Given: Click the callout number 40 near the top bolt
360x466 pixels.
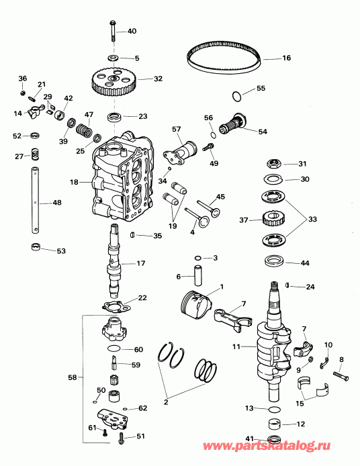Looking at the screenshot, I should coord(132,32).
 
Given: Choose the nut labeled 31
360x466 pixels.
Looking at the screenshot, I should coord(274,163).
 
